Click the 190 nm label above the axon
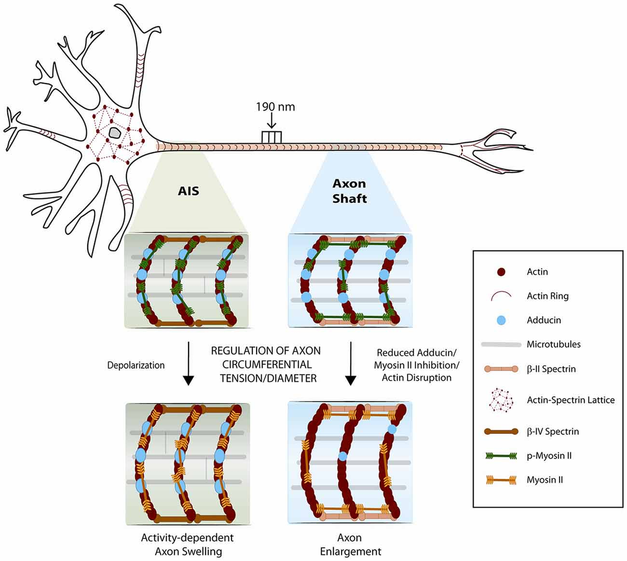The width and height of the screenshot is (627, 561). point(275,107)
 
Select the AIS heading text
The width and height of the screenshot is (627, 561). point(189,191)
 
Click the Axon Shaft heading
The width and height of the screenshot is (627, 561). point(350,191)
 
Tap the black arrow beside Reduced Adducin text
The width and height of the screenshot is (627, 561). point(351,364)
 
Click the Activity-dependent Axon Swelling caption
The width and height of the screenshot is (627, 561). point(187,544)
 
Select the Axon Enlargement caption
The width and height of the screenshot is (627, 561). point(350,544)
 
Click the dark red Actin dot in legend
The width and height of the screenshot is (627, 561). point(502,272)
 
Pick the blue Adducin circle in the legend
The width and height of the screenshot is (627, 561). point(502,320)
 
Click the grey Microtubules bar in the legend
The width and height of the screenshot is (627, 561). point(501,345)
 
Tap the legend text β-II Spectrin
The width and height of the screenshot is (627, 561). point(551,369)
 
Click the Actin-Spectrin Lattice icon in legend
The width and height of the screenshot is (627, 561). point(501,400)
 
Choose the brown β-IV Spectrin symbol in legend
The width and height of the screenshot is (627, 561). point(501,431)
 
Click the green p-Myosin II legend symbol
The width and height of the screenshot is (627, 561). point(501,456)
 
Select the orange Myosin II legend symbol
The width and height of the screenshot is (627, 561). point(501,480)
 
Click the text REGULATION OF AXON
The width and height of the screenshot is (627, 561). point(265,351)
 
